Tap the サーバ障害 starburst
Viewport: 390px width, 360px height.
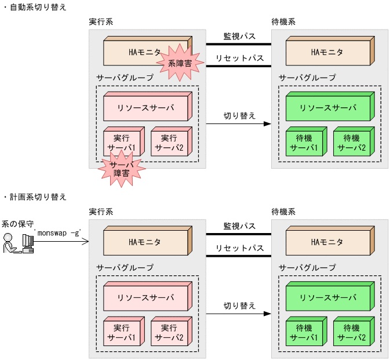121,169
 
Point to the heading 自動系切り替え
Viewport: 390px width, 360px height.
37,7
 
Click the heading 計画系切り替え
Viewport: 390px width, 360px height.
37,197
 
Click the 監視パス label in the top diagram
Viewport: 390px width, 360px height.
240,37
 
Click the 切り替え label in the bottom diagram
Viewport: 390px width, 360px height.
240,306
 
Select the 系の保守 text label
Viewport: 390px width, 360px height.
17,223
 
